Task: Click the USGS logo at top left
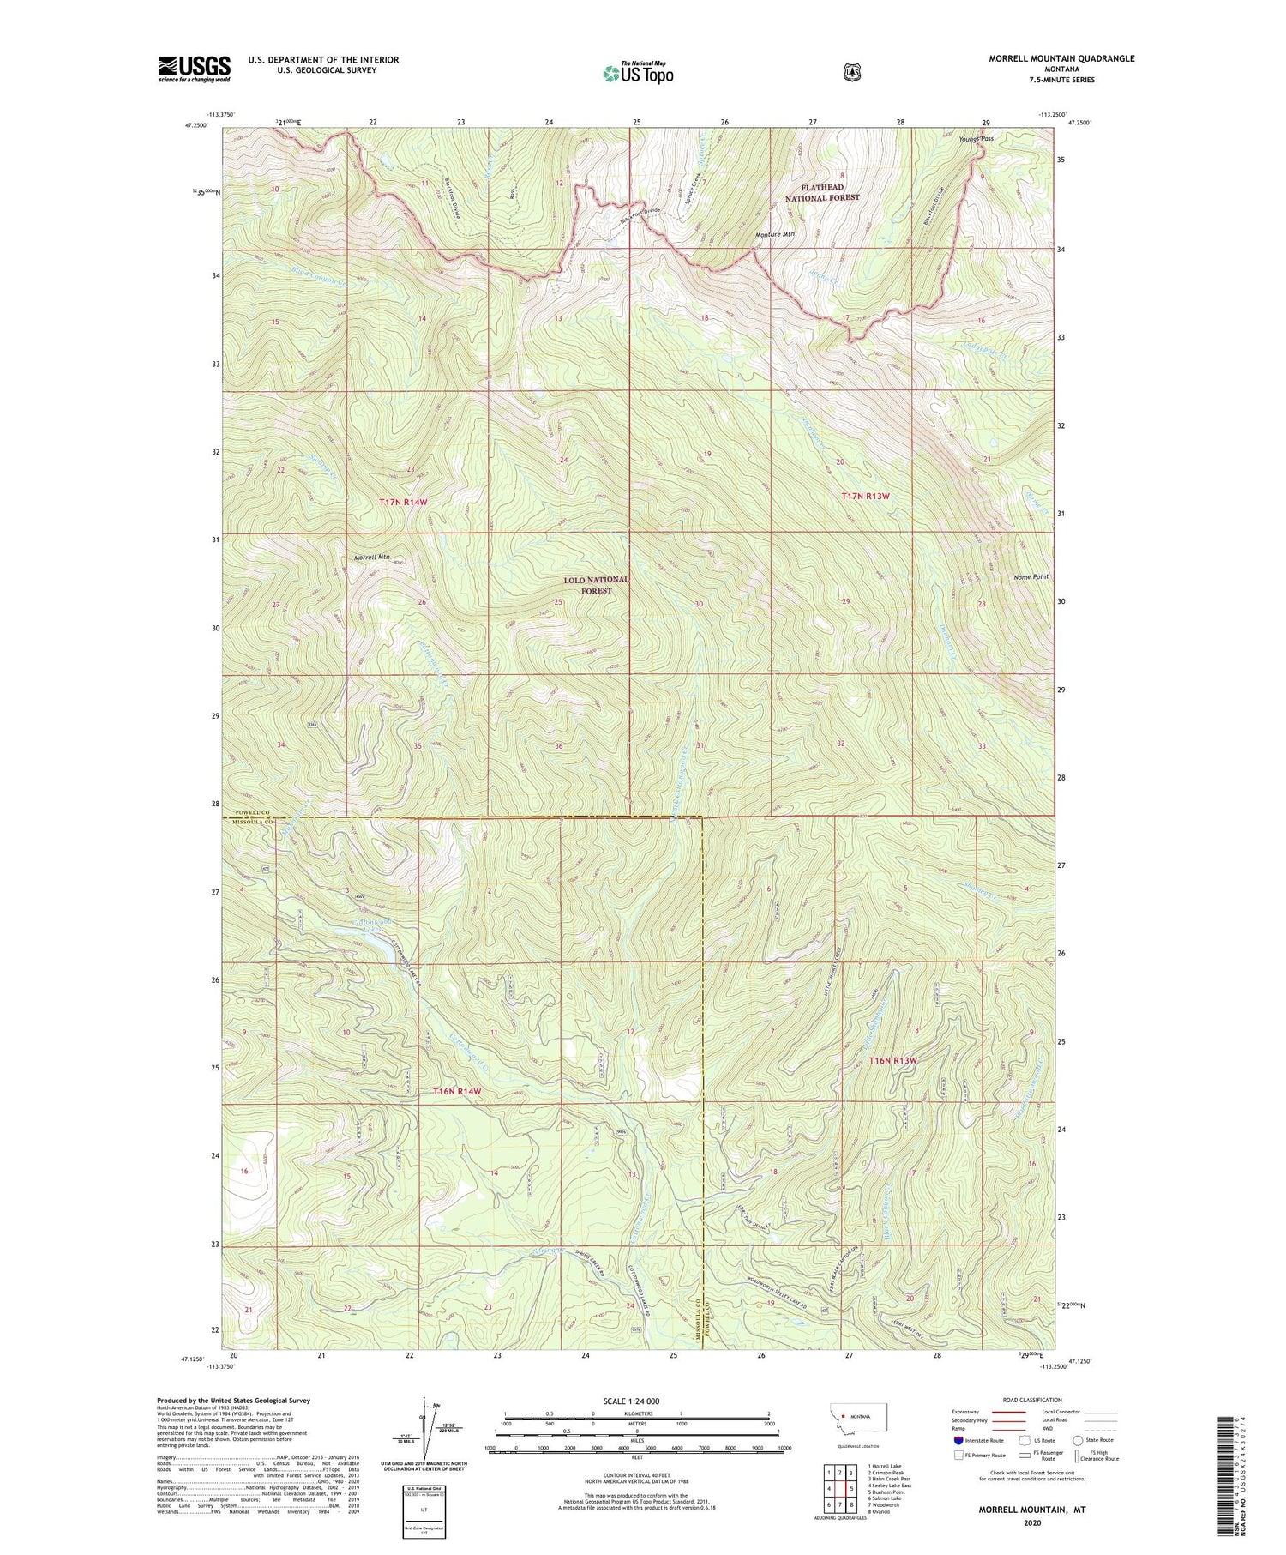(x=194, y=69)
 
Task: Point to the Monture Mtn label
(x=775, y=234)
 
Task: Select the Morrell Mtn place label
(x=372, y=558)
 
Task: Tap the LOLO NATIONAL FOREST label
(x=595, y=585)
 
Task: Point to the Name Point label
(x=1029, y=576)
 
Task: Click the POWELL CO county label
(x=248, y=811)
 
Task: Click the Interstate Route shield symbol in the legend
(x=958, y=1440)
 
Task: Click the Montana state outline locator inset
(x=858, y=1417)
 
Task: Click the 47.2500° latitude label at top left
(x=196, y=125)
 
